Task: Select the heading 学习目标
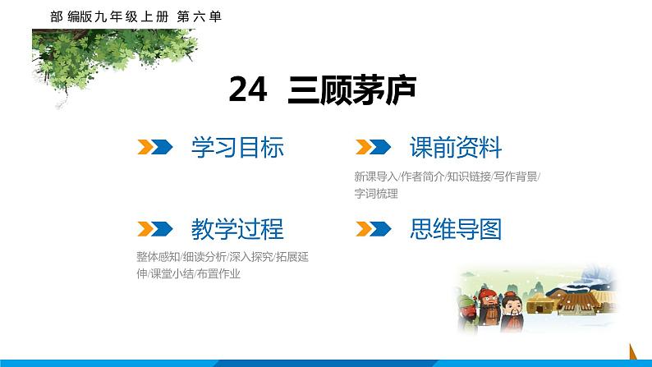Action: (x=237, y=148)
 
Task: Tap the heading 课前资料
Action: (x=455, y=148)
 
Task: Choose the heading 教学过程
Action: (x=237, y=228)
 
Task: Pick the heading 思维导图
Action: (x=455, y=228)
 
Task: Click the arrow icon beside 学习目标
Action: (x=154, y=148)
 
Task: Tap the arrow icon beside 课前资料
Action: (x=371, y=148)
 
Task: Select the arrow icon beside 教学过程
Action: (x=154, y=228)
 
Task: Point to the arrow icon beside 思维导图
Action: (x=371, y=228)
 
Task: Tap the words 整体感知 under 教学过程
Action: (x=157, y=256)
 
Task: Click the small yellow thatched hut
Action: (x=541, y=305)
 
